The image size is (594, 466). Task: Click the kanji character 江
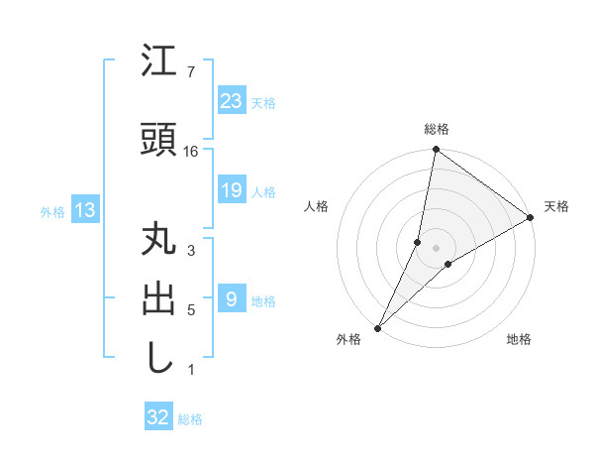(x=158, y=62)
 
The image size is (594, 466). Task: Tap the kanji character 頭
(x=158, y=139)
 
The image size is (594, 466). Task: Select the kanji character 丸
(x=158, y=241)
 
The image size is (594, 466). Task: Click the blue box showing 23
(x=231, y=101)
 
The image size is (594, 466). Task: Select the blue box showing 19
(x=231, y=190)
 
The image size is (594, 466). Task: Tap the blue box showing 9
(x=231, y=299)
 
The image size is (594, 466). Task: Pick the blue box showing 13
(x=84, y=210)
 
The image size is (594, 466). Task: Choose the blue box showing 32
(x=158, y=417)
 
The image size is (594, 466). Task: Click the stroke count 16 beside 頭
(x=191, y=151)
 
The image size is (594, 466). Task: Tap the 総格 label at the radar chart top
(x=436, y=129)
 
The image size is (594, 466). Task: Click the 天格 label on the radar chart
(x=556, y=206)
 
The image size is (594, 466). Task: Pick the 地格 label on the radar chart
(x=519, y=339)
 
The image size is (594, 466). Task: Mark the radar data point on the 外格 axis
(x=377, y=327)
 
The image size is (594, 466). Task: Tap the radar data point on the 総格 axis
(x=436, y=150)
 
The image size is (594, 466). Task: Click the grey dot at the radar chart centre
(x=436, y=248)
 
